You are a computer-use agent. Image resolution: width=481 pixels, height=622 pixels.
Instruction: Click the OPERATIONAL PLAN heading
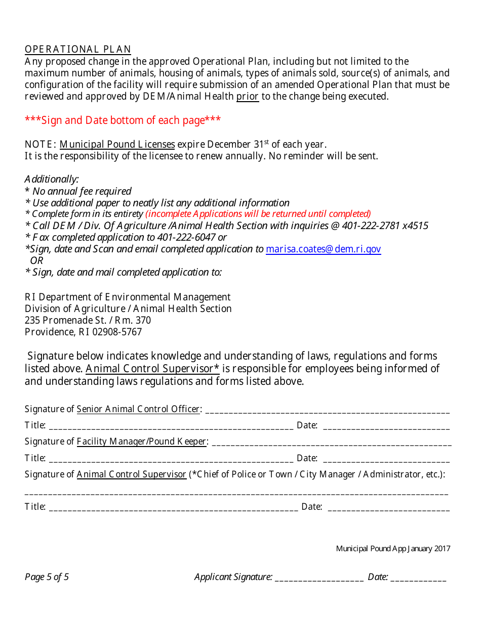[77, 49]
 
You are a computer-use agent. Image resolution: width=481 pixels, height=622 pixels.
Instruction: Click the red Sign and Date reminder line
[123, 120]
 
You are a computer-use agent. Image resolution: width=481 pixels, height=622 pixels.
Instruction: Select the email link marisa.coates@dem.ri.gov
[323, 249]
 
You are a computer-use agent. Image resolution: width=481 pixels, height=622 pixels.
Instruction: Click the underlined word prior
[248, 97]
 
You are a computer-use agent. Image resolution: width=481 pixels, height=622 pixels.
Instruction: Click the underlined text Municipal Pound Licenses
[117, 145]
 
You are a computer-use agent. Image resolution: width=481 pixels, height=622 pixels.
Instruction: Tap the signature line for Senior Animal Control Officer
[327, 410]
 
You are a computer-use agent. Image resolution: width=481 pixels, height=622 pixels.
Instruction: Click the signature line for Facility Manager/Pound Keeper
[331, 442]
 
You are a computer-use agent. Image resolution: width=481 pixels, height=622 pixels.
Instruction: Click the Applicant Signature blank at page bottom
[319, 577]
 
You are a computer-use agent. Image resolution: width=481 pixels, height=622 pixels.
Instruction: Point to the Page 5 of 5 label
[47, 577]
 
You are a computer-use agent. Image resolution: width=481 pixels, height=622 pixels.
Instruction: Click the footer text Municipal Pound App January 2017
[393, 549]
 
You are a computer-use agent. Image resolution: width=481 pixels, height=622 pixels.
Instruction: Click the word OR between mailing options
[36, 260]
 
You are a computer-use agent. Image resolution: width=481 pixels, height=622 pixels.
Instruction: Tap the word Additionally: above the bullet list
[52, 179]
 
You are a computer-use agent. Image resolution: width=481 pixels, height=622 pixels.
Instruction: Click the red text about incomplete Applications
[258, 214]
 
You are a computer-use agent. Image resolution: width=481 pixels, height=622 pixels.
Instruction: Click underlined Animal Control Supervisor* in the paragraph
[152, 369]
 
